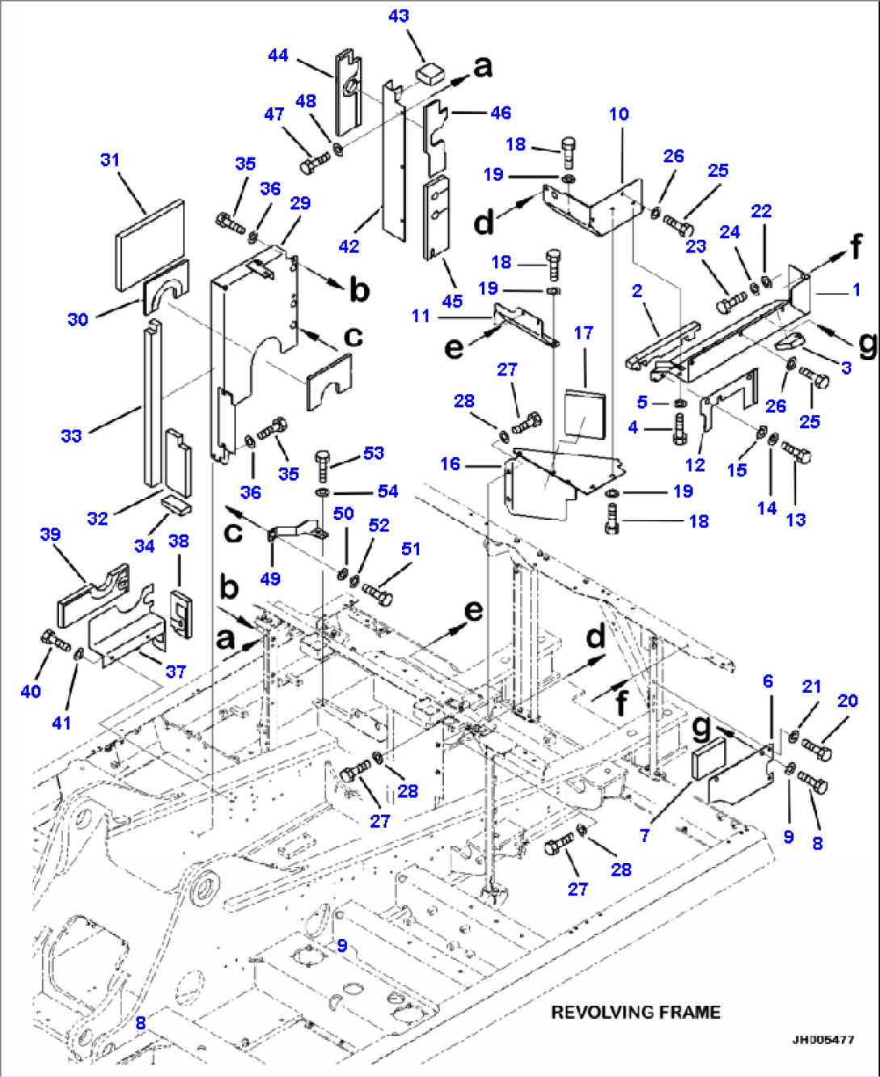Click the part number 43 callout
pyautogui.click(x=399, y=16)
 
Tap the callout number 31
pyautogui.click(x=110, y=160)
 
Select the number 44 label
pyautogui.click(x=279, y=55)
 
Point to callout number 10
pyautogui.click(x=619, y=114)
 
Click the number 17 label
pyautogui.click(x=584, y=333)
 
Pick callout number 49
pyautogui.click(x=270, y=578)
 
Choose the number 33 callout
pyautogui.click(x=72, y=436)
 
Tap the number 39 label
pyautogui.click(x=50, y=534)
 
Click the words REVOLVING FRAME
pyautogui.click(x=635, y=1012)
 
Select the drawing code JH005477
pyautogui.click(x=823, y=1040)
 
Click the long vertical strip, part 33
pyautogui.click(x=152, y=404)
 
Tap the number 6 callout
pyautogui.click(x=769, y=681)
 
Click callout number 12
pyautogui.click(x=695, y=465)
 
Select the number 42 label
pyautogui.click(x=349, y=246)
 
